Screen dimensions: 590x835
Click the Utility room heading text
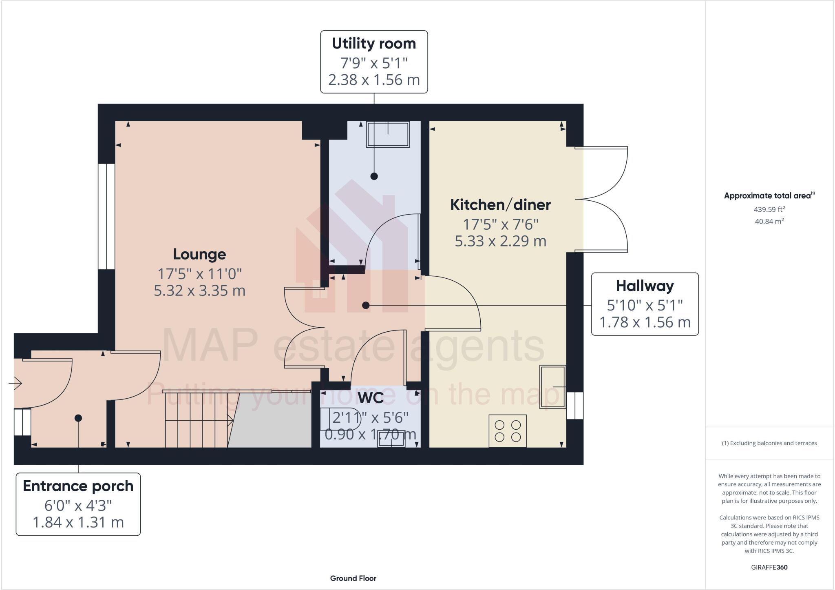pyautogui.click(x=374, y=44)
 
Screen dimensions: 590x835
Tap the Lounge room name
pyautogui.click(x=199, y=254)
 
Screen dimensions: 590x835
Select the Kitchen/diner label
pyautogui.click(x=500, y=205)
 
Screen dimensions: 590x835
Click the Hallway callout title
pyautogui.click(x=645, y=286)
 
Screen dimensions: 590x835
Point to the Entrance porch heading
pyautogui.click(x=78, y=486)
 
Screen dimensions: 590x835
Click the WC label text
pyautogui.click(x=371, y=397)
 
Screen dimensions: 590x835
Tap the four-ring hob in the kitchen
pyautogui.click(x=508, y=431)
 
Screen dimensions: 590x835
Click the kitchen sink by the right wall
pyautogui.click(x=552, y=386)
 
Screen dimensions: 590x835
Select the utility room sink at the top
pyautogui.click(x=388, y=134)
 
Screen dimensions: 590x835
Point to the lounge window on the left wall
pyautogui.click(x=106, y=216)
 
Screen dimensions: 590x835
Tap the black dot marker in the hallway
pyautogui.click(x=366, y=305)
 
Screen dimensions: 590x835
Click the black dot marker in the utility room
pyautogui.click(x=374, y=176)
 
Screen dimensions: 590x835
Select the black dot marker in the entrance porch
pyautogui.click(x=78, y=418)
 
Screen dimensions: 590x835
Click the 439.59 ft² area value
pyautogui.click(x=769, y=209)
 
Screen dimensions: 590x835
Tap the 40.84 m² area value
pyautogui.click(x=769, y=221)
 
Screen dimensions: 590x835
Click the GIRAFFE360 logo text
pyautogui.click(x=769, y=567)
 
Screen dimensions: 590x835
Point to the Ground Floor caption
pyautogui.click(x=353, y=578)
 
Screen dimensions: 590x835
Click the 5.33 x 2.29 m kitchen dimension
pyautogui.click(x=500, y=241)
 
